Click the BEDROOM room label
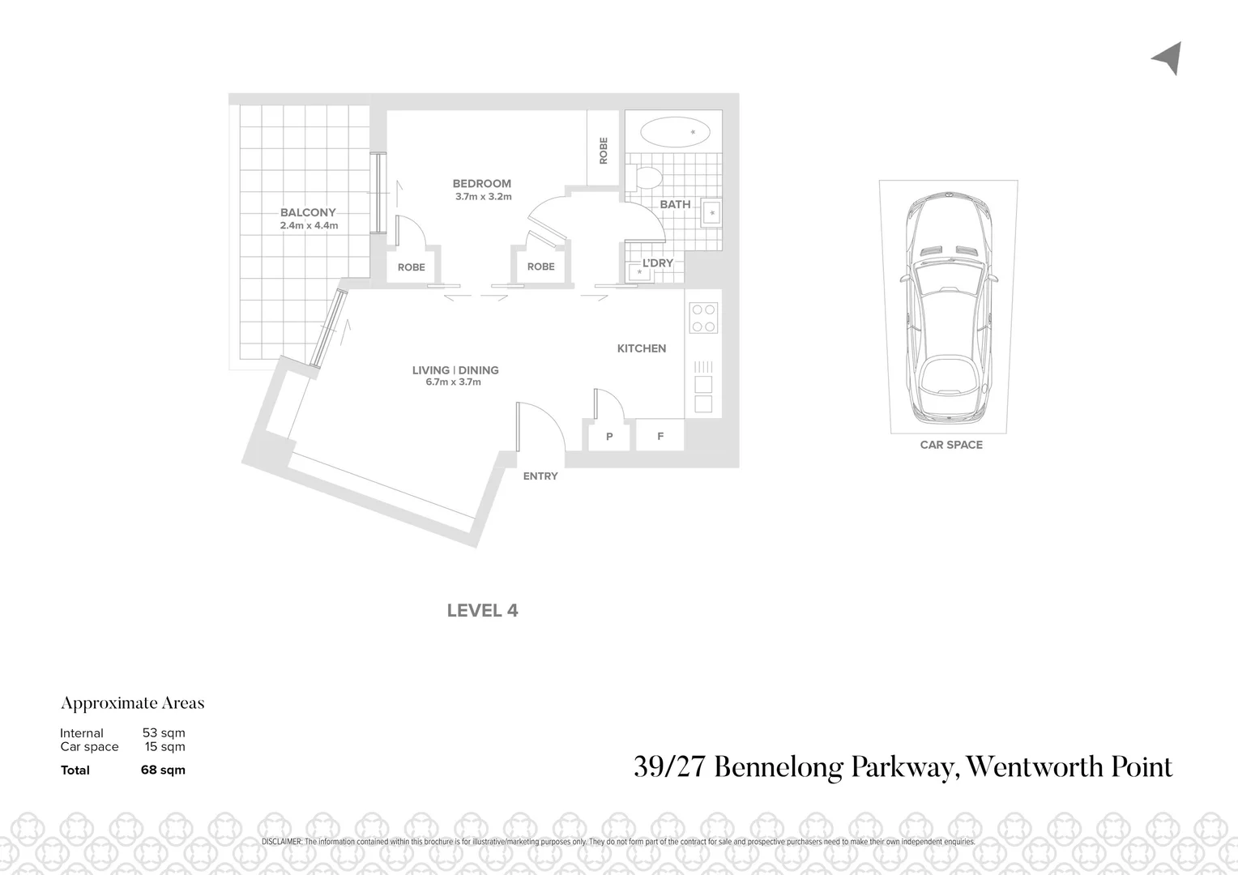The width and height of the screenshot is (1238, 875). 481,184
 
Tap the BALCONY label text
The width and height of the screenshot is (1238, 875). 308,213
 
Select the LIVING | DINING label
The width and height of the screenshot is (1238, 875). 455,370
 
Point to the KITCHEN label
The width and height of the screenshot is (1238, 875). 641,348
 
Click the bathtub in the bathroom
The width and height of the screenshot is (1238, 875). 674,131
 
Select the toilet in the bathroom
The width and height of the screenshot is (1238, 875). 647,177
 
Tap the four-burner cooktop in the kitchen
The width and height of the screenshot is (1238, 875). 702,318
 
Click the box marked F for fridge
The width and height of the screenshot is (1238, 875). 660,436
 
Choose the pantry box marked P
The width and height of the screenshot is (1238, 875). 609,436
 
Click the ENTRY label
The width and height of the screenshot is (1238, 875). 540,476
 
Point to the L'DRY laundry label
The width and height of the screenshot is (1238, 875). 657,263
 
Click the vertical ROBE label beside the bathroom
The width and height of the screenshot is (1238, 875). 603,151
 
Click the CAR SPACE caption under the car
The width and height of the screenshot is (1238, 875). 950,445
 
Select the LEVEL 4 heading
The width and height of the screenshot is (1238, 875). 482,611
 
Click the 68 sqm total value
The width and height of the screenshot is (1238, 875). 163,770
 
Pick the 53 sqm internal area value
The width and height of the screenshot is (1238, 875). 164,733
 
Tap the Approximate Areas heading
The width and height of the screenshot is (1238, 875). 132,703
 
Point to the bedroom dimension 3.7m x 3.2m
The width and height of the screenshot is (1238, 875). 483,197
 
